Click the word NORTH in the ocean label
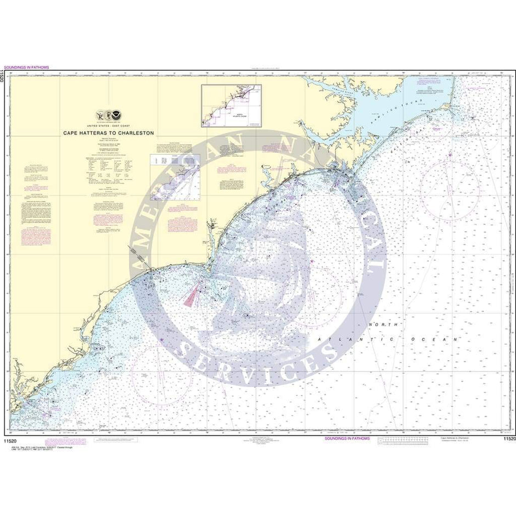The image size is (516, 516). [378, 326]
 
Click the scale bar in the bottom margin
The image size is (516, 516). [406, 439]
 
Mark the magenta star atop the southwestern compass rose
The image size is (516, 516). [162, 341]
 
